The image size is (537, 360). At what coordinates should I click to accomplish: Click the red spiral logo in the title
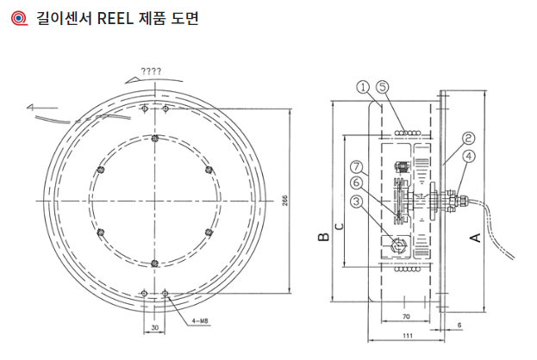click(13, 16)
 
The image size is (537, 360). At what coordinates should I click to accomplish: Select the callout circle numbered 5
click(384, 86)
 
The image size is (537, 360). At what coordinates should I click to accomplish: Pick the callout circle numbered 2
click(467, 137)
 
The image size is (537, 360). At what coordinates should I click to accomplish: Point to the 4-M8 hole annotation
click(199, 320)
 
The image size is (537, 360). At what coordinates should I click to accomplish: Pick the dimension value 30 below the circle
click(154, 327)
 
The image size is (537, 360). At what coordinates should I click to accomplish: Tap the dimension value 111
click(406, 334)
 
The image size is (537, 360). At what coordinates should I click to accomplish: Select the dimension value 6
click(459, 325)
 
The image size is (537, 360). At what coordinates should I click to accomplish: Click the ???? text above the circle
click(151, 70)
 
